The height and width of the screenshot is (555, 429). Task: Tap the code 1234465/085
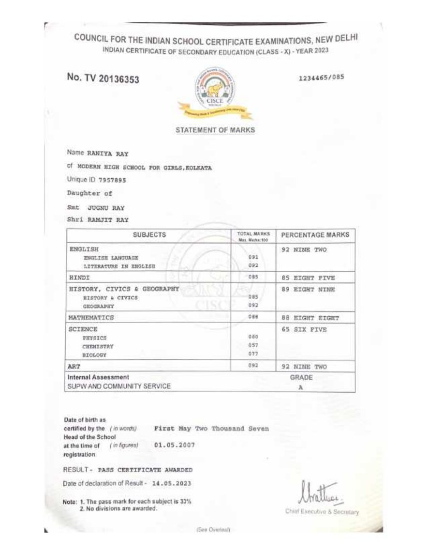tap(322, 77)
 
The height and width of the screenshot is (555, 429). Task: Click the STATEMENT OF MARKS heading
tap(215, 130)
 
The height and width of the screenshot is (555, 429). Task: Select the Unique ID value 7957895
tap(112, 179)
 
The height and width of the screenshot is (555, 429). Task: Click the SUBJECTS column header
tap(149, 235)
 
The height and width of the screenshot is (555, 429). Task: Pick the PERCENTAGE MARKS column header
tap(315, 235)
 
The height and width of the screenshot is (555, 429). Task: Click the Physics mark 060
tap(253, 337)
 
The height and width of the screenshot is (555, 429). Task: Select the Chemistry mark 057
tap(253, 345)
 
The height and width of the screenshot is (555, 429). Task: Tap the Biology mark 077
tap(253, 355)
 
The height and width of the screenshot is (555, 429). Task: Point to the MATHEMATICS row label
tap(91, 318)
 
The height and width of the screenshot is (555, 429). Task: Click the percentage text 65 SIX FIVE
tap(304, 330)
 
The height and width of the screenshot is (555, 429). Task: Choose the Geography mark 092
tap(253, 306)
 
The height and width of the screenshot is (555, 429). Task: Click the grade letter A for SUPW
tap(301, 387)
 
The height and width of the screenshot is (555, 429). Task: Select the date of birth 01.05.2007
tap(174, 445)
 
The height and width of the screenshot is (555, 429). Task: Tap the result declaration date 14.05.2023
tap(171, 483)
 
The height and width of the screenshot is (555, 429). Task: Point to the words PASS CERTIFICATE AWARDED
tap(145, 470)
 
